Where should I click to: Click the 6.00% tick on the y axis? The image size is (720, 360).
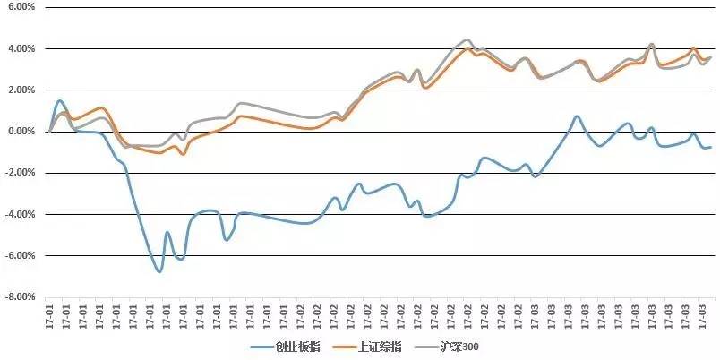21,7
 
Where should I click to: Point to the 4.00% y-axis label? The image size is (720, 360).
21,48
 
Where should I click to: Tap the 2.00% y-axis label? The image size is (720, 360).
21,90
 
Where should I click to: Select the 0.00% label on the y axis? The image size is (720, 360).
21,132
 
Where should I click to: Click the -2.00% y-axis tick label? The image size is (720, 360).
20,173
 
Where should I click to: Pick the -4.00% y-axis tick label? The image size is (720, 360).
20,214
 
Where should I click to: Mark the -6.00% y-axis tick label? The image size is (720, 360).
20,255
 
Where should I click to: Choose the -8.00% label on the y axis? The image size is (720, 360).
20,296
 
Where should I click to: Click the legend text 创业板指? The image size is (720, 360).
296,346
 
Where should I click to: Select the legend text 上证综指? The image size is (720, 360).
381,346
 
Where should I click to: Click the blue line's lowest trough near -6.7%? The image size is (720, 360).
159,270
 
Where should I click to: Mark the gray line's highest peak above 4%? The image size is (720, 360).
467,40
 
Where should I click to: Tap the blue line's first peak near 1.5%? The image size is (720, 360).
60,101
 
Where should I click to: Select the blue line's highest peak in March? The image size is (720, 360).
577,116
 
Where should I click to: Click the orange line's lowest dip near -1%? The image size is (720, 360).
183,155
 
